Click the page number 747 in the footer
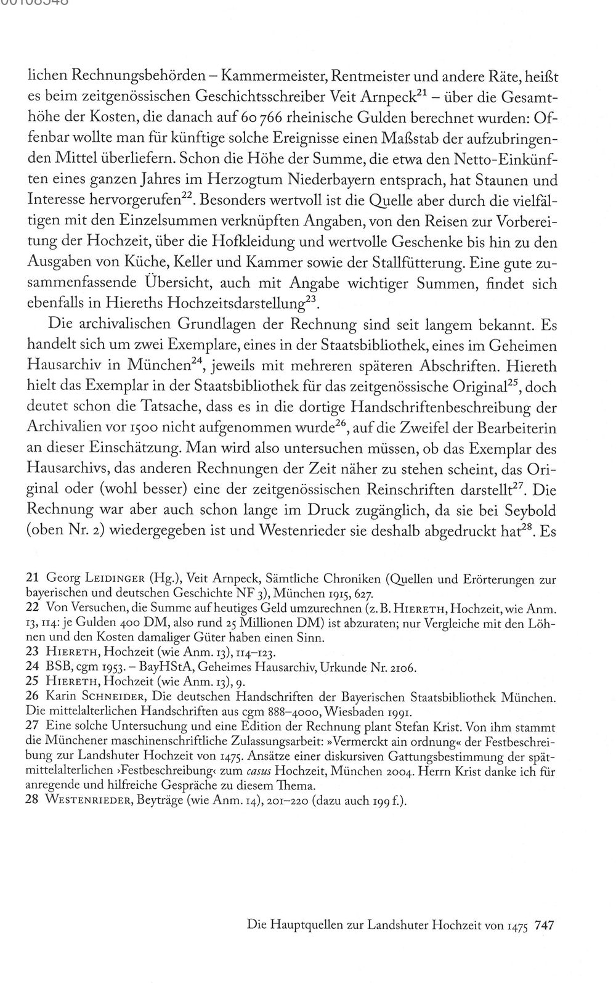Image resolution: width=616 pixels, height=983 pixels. point(546,924)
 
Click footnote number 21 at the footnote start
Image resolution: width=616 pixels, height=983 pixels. point(31,579)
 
